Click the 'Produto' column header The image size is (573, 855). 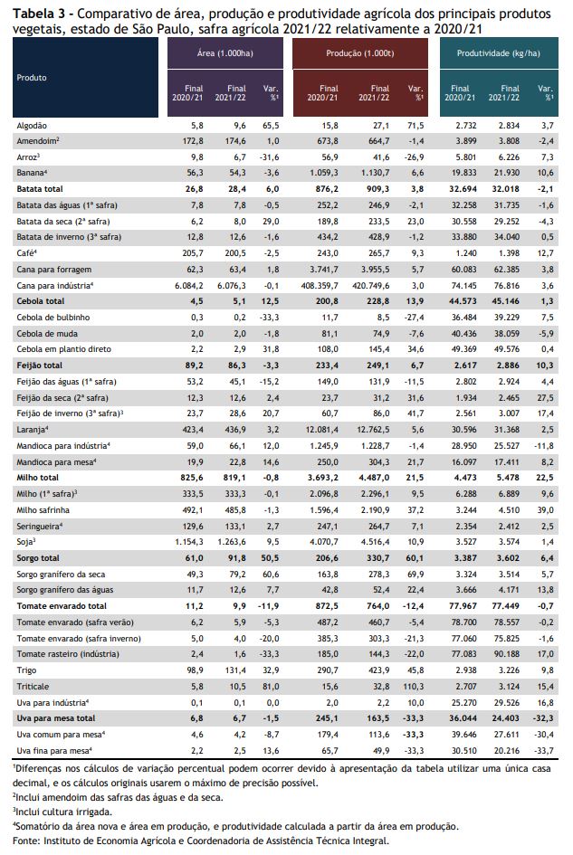[x=32, y=78]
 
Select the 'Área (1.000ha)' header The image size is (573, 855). [x=224, y=52]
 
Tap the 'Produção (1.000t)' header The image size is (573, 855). [x=360, y=52]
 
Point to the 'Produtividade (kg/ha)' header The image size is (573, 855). [x=498, y=52]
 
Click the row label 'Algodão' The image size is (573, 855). [x=32, y=126]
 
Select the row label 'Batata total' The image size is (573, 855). [x=40, y=189]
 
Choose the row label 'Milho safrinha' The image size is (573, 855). [x=43, y=510]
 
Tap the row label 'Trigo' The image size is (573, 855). [x=27, y=670]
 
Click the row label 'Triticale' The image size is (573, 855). [x=33, y=687]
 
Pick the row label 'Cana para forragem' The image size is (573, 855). [x=54, y=270]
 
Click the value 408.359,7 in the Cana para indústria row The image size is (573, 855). [x=320, y=285]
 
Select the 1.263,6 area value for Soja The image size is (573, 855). [x=232, y=542]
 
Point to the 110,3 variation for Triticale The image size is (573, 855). [x=415, y=687]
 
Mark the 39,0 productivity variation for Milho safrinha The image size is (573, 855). [x=546, y=510]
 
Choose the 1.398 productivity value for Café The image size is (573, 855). [x=509, y=253]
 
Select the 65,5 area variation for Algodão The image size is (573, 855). [x=271, y=126]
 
